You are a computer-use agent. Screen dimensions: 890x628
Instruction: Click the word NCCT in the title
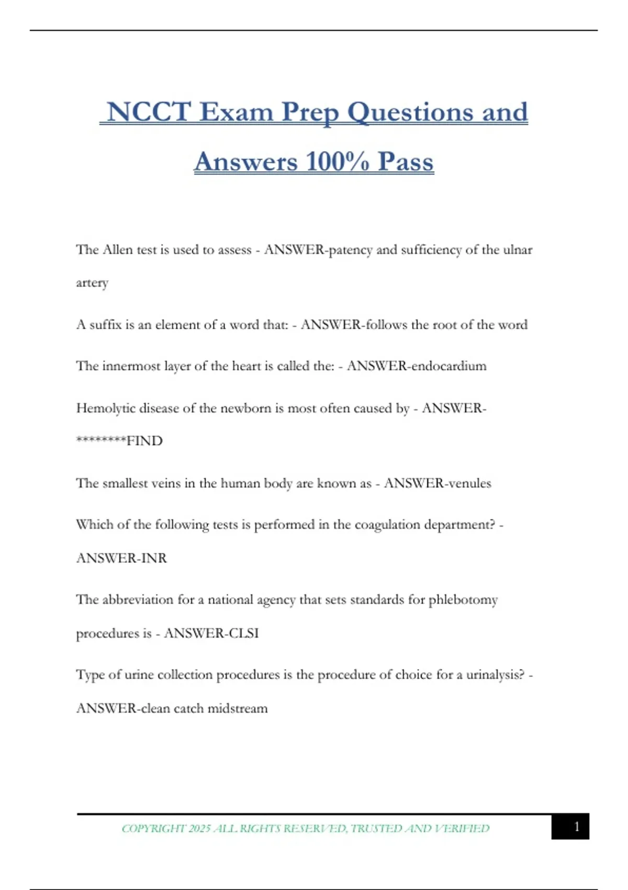coord(148,112)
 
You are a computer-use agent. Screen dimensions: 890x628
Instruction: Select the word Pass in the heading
coord(406,161)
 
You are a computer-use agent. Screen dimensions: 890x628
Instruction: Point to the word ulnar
coord(518,250)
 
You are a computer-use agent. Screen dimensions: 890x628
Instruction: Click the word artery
coord(92,283)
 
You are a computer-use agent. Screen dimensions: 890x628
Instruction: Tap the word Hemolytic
coord(106,408)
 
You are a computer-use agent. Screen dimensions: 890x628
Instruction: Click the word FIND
coord(144,441)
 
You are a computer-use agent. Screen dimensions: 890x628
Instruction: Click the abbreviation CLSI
coord(243,633)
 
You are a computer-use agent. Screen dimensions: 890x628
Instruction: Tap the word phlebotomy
coord(463,600)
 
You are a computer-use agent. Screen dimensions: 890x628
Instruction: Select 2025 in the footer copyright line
coord(199,828)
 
